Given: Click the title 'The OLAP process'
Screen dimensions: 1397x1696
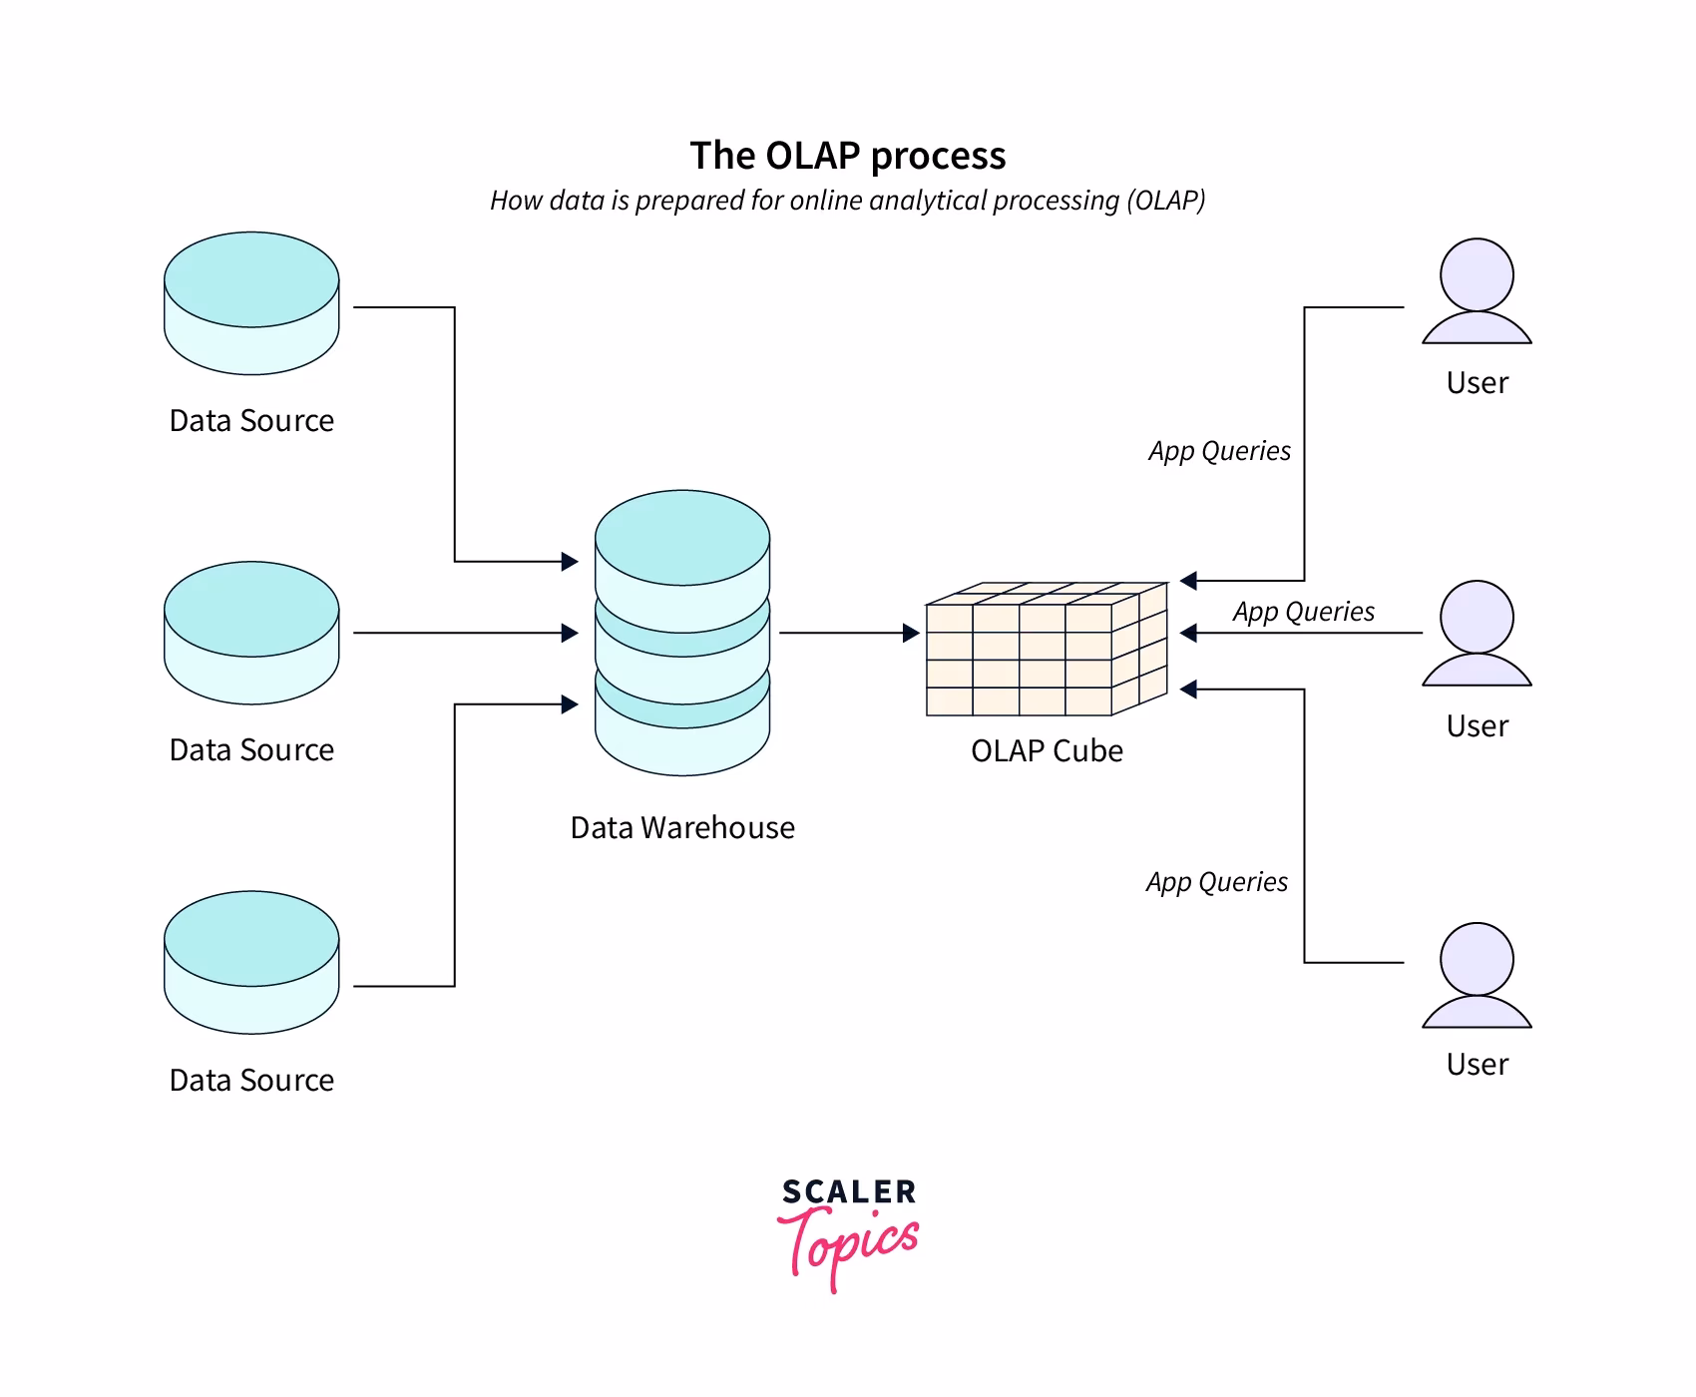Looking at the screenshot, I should click(x=847, y=156).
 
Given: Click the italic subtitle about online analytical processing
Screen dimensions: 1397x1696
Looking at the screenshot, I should click(x=847, y=201).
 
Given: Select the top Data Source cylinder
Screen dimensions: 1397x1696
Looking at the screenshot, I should click(x=251, y=303).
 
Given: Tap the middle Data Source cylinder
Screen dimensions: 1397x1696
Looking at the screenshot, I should click(x=251, y=633).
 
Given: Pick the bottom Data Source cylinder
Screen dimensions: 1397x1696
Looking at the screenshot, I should click(x=251, y=962).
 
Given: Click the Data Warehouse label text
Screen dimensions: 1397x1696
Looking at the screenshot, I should click(x=682, y=828).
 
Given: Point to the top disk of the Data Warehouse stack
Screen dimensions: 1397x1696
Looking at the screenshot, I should click(x=682, y=539).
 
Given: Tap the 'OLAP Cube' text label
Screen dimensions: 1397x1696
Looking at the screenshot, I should click(x=1047, y=751).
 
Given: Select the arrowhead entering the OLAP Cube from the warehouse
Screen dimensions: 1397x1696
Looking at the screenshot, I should click(x=910, y=633).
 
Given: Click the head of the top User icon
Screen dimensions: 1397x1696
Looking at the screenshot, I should click(x=1477, y=274).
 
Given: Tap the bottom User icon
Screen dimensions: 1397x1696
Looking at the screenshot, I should click(x=1477, y=975).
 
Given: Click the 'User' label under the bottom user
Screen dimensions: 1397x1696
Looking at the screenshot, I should click(x=1477, y=1065).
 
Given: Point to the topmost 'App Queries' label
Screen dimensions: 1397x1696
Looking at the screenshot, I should click(x=1219, y=451).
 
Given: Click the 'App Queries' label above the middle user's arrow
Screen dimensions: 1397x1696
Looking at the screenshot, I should click(x=1303, y=612).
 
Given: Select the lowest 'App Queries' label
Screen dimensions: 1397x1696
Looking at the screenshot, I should click(x=1216, y=882).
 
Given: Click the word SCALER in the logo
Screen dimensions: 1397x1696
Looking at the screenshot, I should click(x=848, y=1192).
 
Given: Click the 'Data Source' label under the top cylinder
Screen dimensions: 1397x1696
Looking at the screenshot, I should click(x=251, y=421).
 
